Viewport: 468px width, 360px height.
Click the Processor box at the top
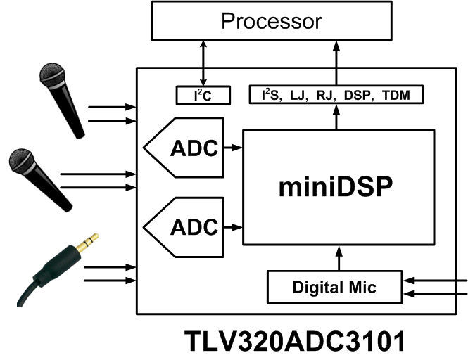point(271,20)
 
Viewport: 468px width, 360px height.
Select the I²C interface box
point(203,94)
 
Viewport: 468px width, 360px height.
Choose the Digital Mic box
point(334,287)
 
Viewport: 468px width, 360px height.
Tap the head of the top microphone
point(53,76)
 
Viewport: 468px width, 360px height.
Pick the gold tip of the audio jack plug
point(89,243)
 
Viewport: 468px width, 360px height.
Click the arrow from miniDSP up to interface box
point(336,116)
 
